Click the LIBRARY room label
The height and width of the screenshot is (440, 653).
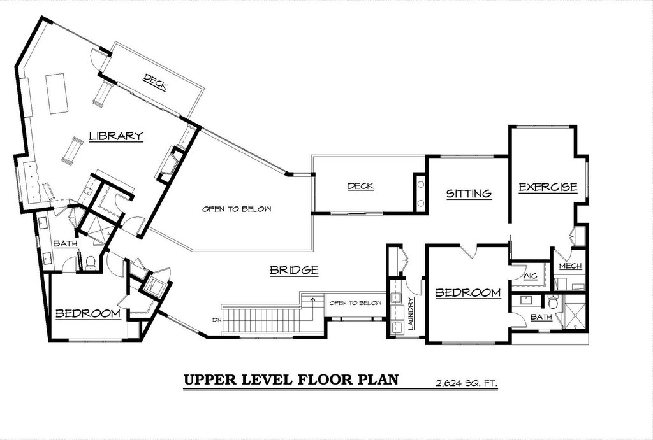click(116, 136)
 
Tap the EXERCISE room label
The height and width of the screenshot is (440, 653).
click(548, 187)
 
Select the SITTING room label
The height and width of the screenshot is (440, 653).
click(469, 194)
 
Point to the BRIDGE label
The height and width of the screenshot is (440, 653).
click(294, 271)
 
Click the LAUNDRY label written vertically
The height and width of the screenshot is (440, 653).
click(411, 313)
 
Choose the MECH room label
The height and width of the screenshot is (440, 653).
click(570, 266)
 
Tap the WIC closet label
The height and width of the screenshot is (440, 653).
click(530, 276)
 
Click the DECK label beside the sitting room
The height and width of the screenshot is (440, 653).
click(361, 187)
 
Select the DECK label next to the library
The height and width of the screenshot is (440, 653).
click(155, 82)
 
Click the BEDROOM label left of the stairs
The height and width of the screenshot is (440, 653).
click(88, 313)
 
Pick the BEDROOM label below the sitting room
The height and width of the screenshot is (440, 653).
click(468, 293)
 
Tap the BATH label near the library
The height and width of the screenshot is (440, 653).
click(66, 244)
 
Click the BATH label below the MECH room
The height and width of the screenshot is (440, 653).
click(541, 317)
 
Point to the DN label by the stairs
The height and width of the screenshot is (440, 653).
click(217, 320)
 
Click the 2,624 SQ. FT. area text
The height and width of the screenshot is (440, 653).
click(466, 383)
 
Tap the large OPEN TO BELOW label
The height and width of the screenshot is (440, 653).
click(237, 209)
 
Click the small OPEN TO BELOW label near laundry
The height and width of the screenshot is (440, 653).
click(355, 302)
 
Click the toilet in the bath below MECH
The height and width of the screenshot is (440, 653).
click(553, 302)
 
